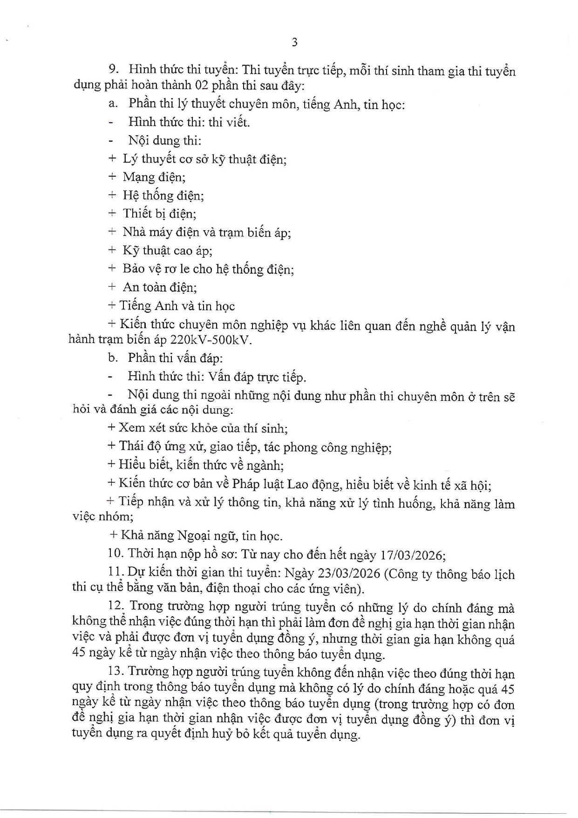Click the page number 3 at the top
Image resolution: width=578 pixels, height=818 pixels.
[294, 42]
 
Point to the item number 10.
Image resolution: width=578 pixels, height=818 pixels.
[115, 554]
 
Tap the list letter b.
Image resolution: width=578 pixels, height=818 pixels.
[112, 358]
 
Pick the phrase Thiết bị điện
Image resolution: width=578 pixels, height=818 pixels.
[159, 213]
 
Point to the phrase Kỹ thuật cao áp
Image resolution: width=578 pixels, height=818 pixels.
[167, 250]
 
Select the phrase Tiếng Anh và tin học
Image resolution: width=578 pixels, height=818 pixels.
[177, 306]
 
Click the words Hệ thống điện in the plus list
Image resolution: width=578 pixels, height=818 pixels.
[163, 195]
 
